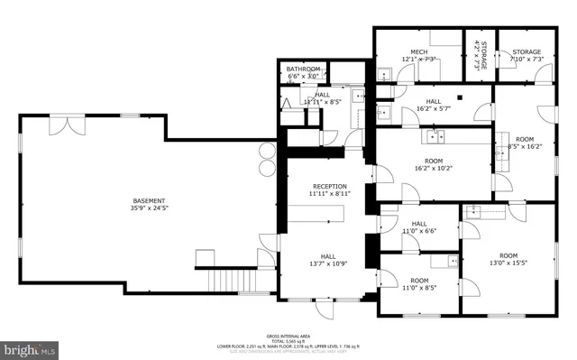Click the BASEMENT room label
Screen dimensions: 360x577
(x=150, y=200)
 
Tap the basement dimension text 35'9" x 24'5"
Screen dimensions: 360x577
(x=150, y=208)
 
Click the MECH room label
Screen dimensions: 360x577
(x=418, y=52)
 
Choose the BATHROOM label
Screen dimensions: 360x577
(x=303, y=69)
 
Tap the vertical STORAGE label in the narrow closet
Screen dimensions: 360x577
(x=483, y=56)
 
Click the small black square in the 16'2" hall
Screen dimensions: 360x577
(x=459, y=97)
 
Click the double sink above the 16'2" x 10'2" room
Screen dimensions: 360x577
(x=435, y=136)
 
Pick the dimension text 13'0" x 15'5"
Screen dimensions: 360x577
(x=508, y=263)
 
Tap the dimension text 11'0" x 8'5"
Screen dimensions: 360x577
(x=418, y=288)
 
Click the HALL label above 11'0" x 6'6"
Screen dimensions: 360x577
(x=418, y=224)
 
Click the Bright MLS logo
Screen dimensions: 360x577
(x=31, y=347)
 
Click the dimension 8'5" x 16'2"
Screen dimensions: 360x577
(x=525, y=146)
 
